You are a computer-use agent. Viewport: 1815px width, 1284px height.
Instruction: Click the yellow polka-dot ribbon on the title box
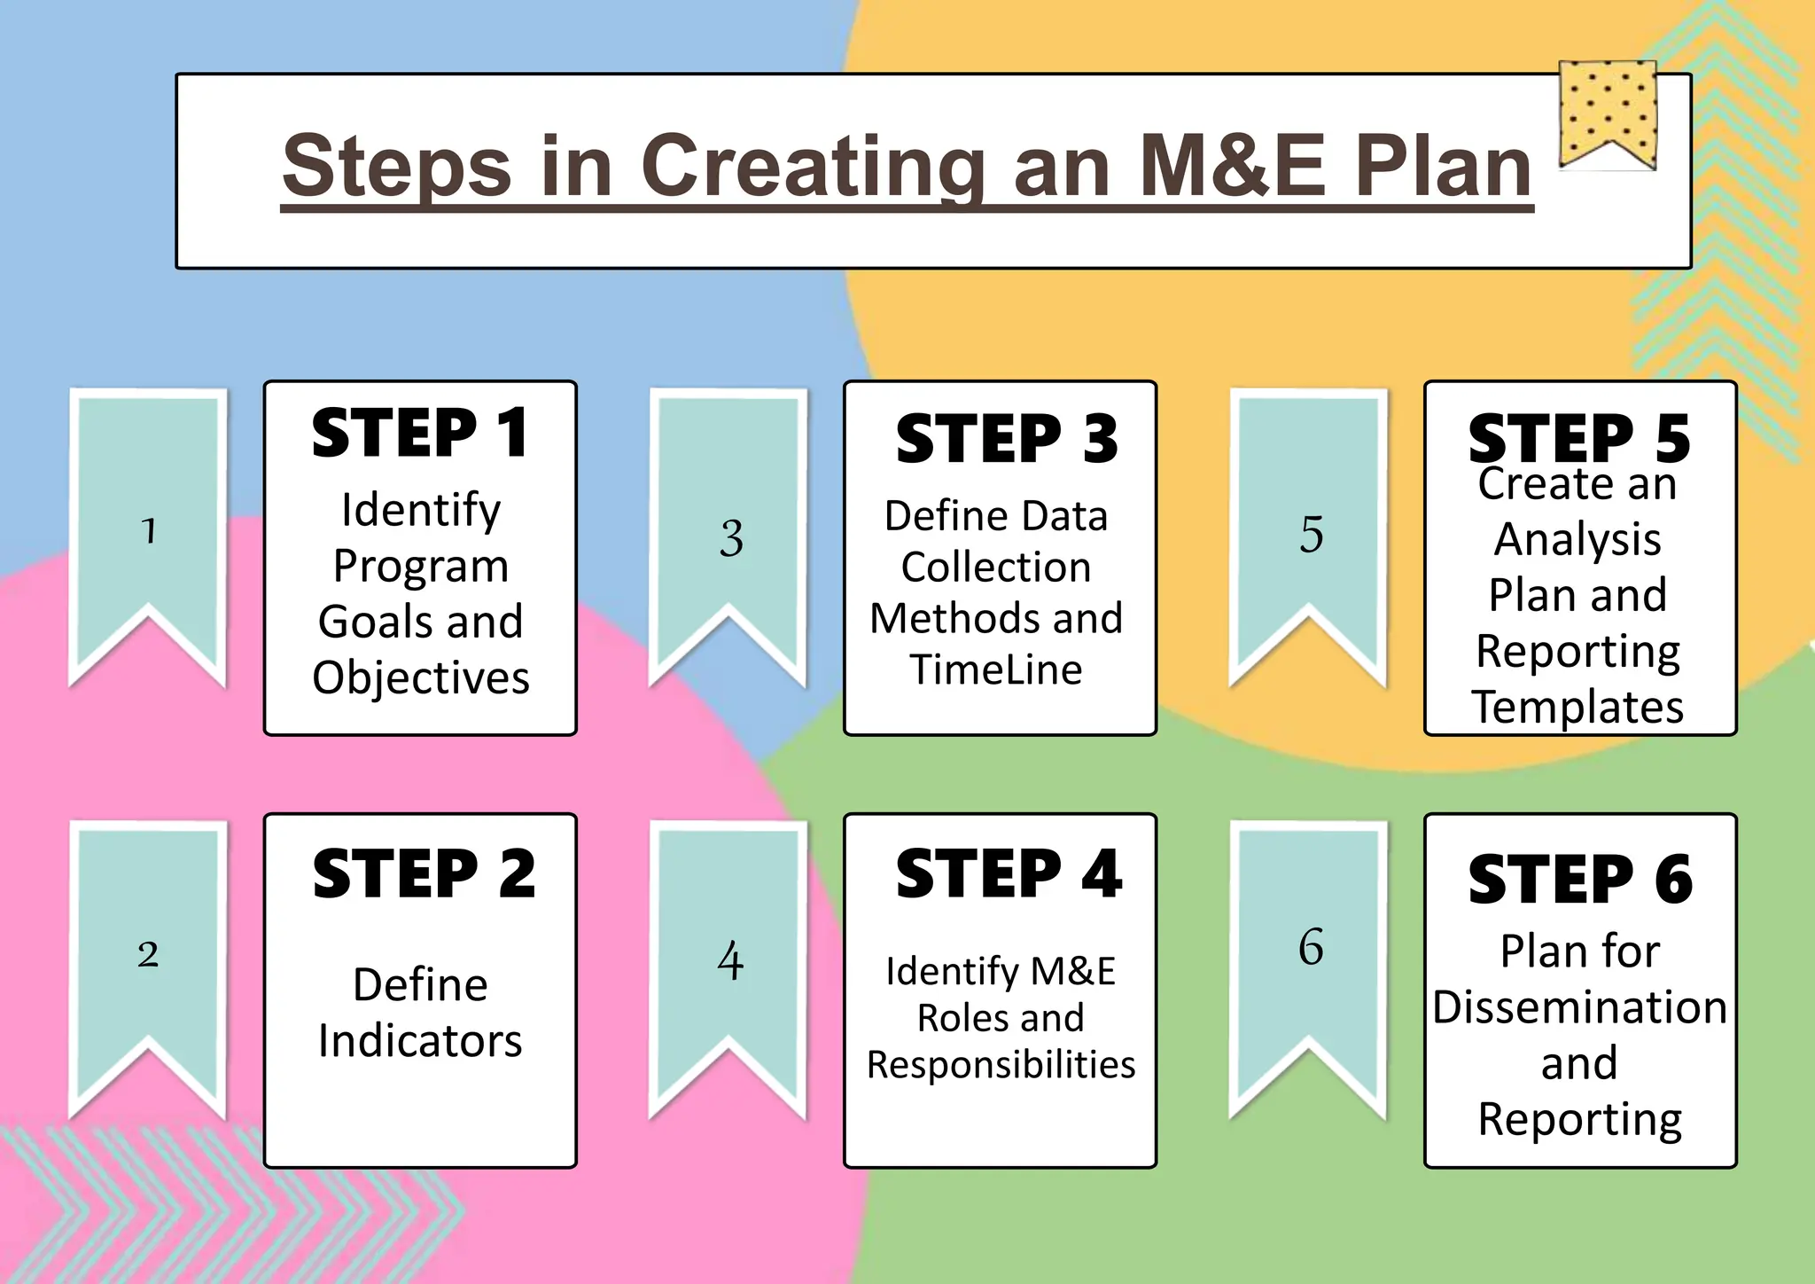[x=1608, y=112]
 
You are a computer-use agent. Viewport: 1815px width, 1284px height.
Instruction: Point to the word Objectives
[x=421, y=678]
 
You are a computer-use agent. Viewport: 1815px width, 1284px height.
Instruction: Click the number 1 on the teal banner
[x=149, y=531]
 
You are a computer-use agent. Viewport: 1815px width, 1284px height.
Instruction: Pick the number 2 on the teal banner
[x=148, y=954]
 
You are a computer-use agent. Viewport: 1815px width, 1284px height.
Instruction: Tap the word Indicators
[x=420, y=1041]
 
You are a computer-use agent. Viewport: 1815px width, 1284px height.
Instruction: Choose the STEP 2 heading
[x=424, y=874]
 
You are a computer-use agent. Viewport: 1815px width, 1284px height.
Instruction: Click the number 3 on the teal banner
[x=731, y=538]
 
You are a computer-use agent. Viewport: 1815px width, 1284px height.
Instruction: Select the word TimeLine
[x=996, y=669]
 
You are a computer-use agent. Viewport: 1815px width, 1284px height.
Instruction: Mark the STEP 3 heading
[x=1007, y=438]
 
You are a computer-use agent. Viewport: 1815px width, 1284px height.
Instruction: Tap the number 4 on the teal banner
[x=730, y=960]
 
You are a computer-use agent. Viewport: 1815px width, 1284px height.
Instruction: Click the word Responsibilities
[x=1001, y=1065]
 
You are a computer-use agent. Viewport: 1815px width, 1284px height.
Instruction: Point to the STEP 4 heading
[x=1009, y=874]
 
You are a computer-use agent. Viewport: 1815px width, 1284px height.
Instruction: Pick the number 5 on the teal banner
[x=1312, y=535]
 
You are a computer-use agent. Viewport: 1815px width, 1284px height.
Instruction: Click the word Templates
[x=1578, y=708]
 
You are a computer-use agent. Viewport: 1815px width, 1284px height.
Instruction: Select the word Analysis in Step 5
[x=1577, y=539]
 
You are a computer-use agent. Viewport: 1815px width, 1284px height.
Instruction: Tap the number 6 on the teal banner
[x=1311, y=946]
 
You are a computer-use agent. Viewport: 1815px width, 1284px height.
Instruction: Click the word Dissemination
[x=1580, y=1008]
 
